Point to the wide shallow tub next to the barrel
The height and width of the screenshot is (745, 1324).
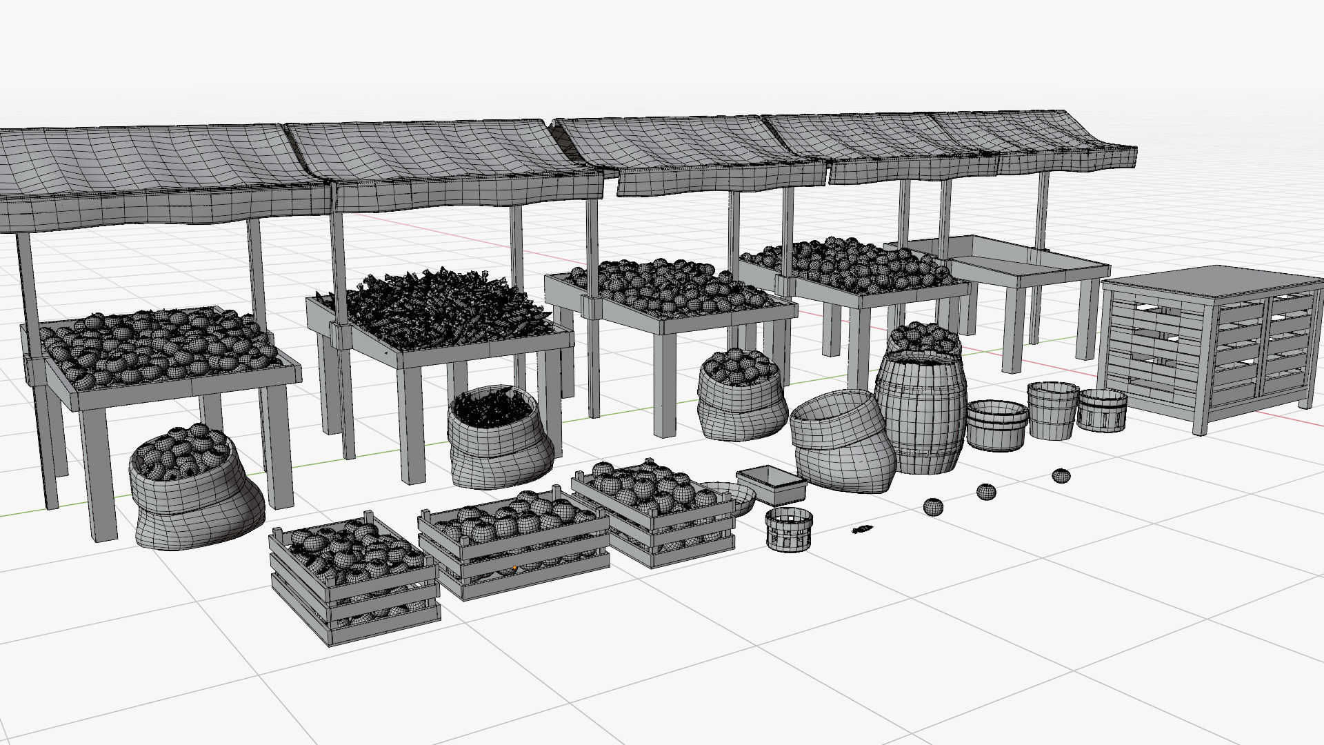996,425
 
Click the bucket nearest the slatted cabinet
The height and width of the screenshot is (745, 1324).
1102,410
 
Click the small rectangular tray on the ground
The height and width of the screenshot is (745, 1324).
772,484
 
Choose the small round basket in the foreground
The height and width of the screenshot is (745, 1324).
789,530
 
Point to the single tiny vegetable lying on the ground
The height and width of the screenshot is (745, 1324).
862,530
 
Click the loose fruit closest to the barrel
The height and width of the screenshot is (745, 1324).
932,507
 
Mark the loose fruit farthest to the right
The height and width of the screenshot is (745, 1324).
1061,475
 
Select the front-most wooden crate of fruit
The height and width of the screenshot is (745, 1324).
353,583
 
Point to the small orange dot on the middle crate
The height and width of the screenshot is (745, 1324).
514,568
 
